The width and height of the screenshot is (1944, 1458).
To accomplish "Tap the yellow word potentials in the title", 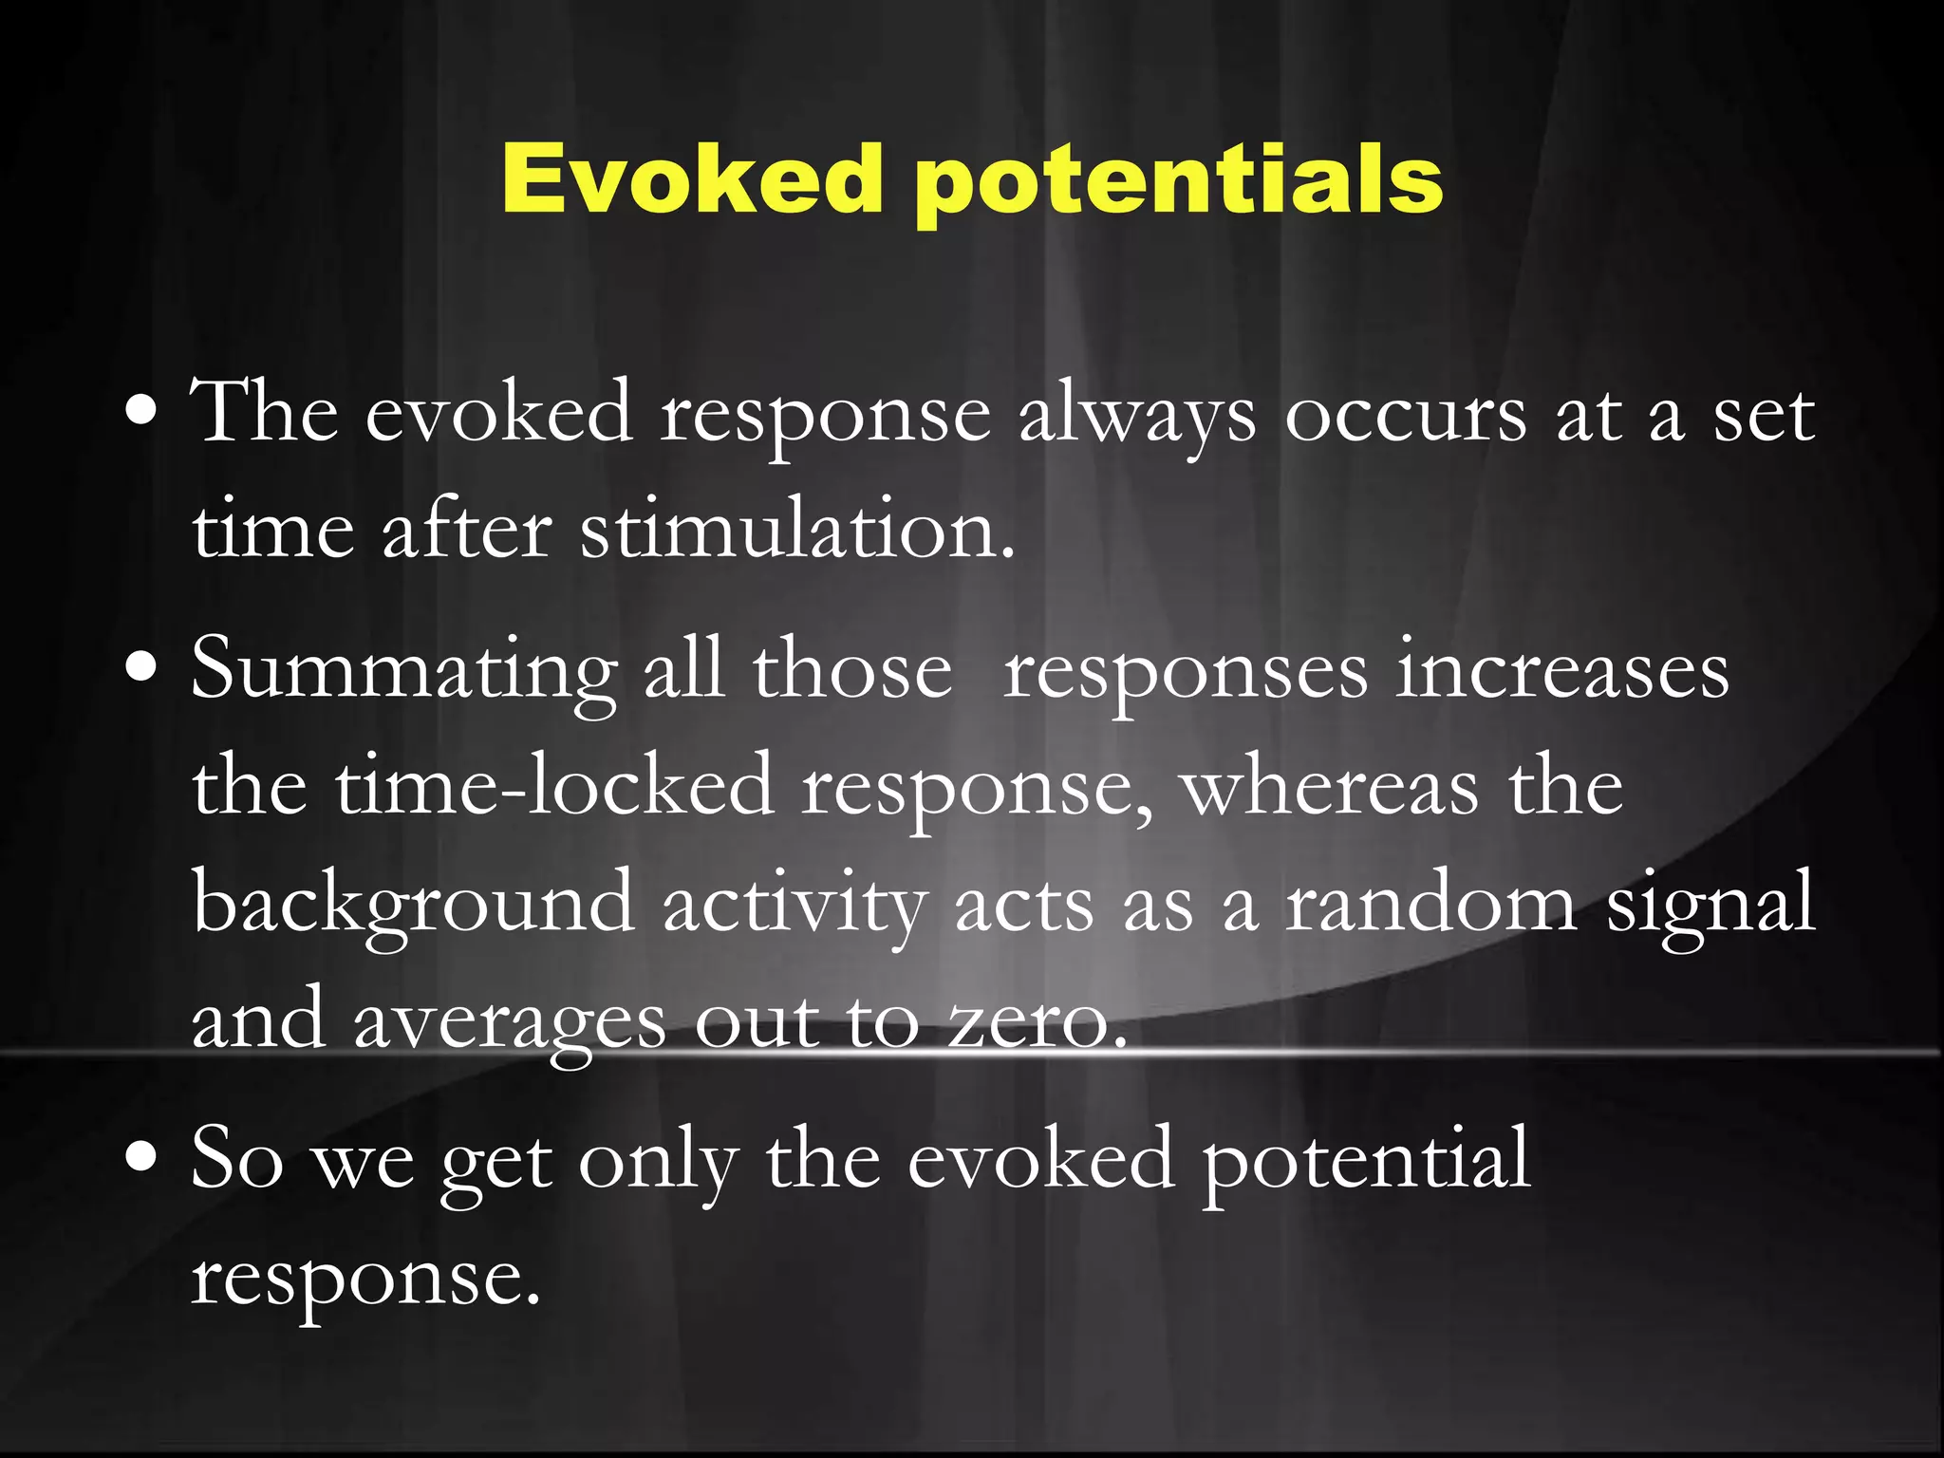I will [x=1177, y=182].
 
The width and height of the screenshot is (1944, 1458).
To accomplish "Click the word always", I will [x=1136, y=416].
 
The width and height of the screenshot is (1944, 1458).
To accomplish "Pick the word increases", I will [x=1561, y=670].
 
